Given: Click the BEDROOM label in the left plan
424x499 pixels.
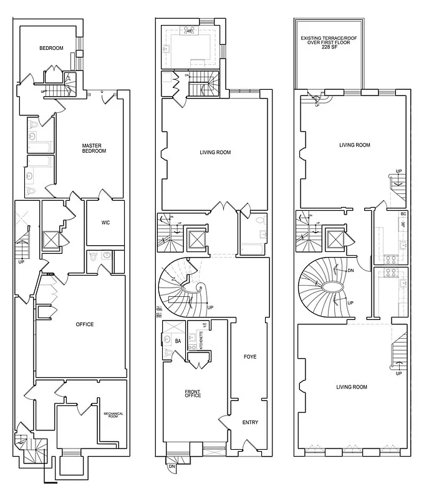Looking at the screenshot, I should (51, 48).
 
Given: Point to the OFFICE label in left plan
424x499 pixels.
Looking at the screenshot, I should (84, 324).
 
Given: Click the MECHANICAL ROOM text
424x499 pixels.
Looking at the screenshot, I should (113, 415).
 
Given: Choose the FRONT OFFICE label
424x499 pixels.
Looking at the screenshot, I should (192, 394).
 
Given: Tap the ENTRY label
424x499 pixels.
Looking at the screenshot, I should (250, 423).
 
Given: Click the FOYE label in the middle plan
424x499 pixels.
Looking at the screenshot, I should (250, 357).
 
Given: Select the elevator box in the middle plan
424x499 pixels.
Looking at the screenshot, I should (196, 240).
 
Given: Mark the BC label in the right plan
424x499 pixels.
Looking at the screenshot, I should (403, 214).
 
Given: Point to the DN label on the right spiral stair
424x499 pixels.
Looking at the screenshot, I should (350, 270).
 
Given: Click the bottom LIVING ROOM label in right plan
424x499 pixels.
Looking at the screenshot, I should (352, 387).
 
